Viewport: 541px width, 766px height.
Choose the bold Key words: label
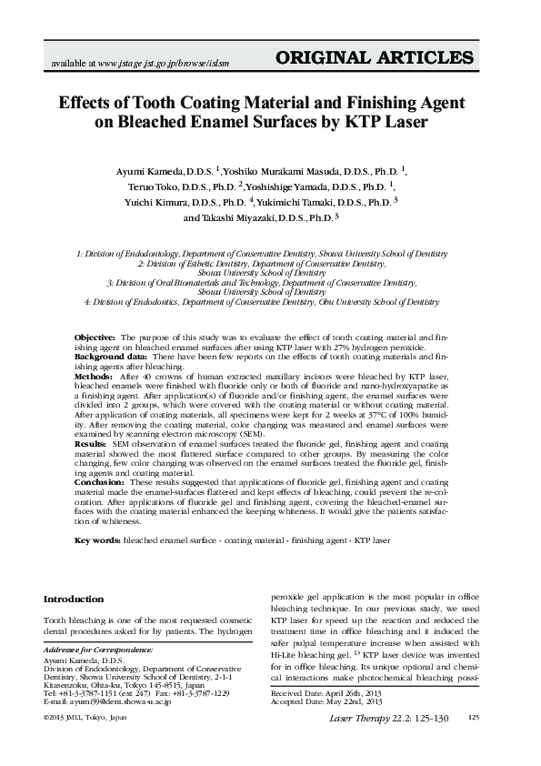(x=97, y=540)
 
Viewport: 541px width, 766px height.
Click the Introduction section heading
(x=74, y=600)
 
